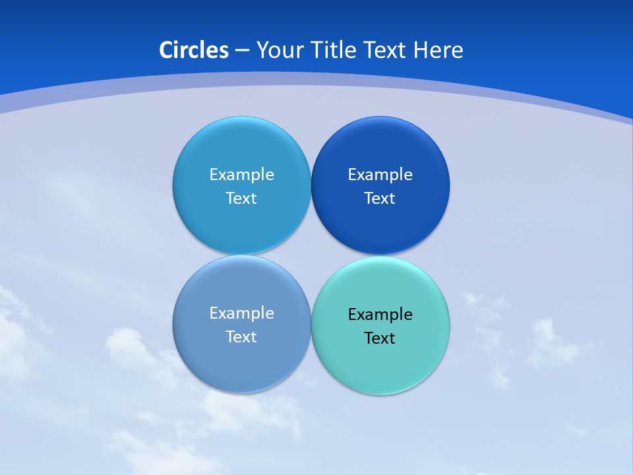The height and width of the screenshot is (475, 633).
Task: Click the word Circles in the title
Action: coord(194,50)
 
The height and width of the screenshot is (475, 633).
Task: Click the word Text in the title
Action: coord(386,50)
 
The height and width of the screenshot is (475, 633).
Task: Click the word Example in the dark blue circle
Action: coord(380,175)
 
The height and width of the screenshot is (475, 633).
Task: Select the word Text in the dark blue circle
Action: coord(380,199)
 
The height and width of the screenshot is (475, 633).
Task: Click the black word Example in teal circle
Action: coord(380,315)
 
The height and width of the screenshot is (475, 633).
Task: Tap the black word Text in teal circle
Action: coord(380,338)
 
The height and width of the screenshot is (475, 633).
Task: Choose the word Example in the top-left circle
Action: coord(241,175)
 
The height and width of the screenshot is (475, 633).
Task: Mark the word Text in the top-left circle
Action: coord(241,199)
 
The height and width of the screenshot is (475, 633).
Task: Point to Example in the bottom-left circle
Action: coord(241,313)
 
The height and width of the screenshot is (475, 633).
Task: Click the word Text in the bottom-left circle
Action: coord(241,337)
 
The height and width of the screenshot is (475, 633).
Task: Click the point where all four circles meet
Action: coord(311,255)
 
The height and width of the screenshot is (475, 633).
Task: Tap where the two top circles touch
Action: coord(311,185)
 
